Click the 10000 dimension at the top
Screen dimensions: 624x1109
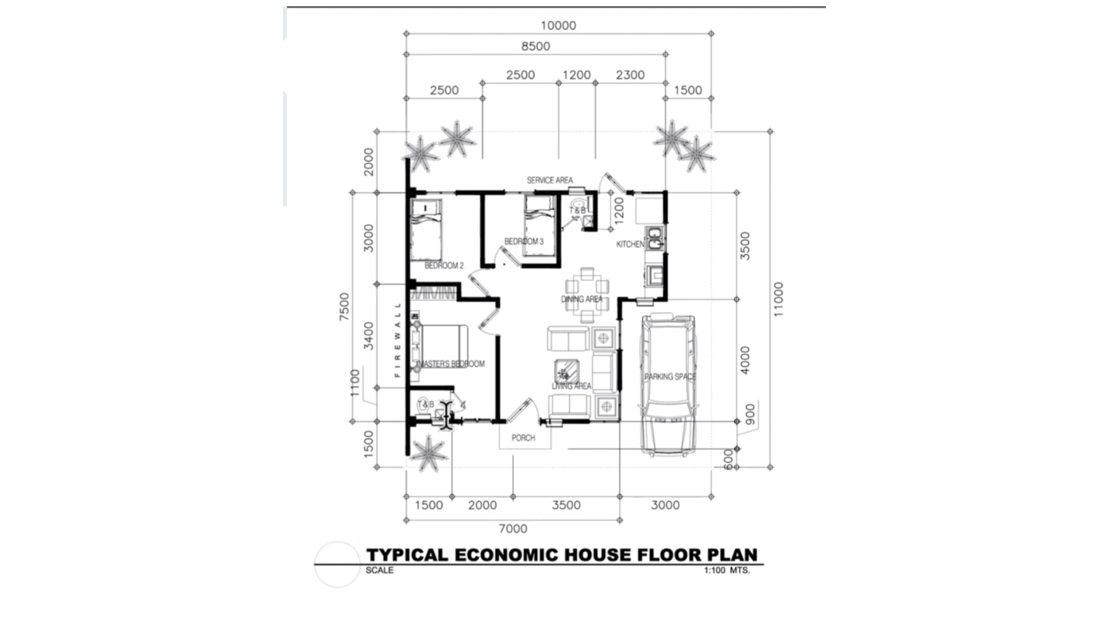tap(558, 25)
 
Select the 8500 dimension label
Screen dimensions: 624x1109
tap(535, 46)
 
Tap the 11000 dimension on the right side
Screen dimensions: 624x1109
tap(779, 299)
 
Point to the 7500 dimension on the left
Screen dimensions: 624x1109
tap(344, 307)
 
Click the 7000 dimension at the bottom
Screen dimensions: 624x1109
tap(513, 529)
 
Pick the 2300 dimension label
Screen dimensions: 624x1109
tap(630, 75)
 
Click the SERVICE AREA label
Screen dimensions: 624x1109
tap(549, 180)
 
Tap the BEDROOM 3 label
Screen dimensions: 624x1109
tap(523, 242)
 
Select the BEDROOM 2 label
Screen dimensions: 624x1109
tap(444, 266)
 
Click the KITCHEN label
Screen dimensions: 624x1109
tap(630, 244)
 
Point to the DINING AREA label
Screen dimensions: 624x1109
tap(582, 299)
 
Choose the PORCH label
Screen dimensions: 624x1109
tap(523, 438)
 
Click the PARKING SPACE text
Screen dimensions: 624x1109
tap(670, 377)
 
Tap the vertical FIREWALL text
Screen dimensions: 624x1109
tap(397, 340)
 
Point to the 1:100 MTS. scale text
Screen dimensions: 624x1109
tap(726, 570)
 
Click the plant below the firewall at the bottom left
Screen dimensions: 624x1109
tap(427, 452)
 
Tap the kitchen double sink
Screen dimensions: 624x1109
tap(655, 239)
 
